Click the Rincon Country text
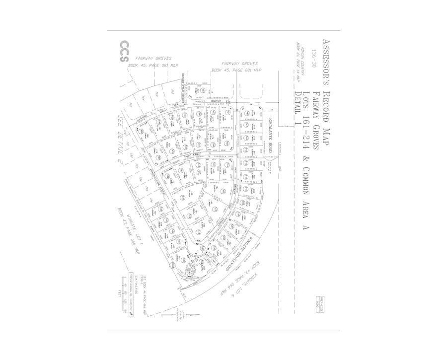306,62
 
